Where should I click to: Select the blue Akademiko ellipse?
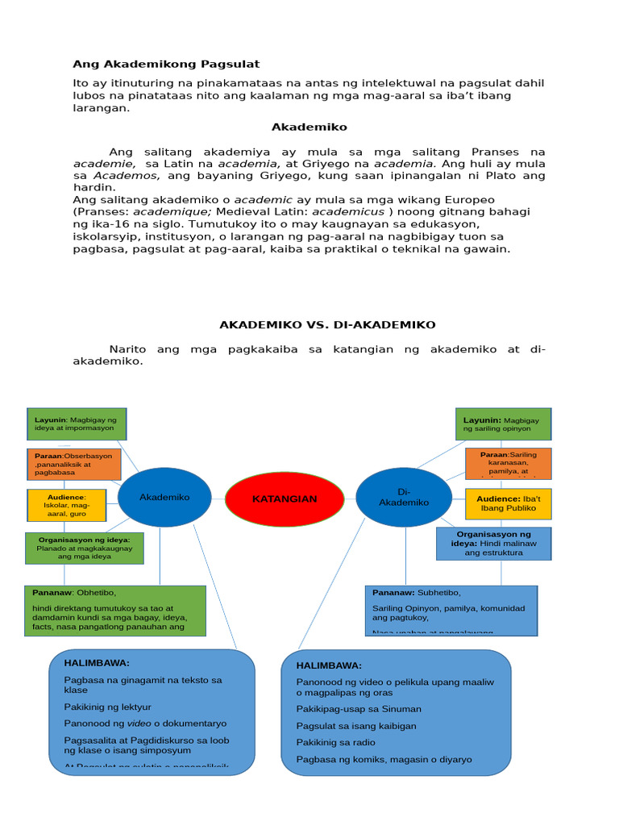tap(164, 498)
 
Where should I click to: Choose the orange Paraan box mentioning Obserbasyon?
tap(73, 465)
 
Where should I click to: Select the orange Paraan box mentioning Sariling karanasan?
tap(508, 464)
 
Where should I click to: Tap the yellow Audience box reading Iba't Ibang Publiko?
tap(508, 503)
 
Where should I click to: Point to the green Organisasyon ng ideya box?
tap(85, 549)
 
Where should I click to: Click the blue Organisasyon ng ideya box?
tap(493, 544)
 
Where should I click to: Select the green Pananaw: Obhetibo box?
tap(114, 611)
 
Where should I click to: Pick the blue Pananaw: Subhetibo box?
tap(451, 611)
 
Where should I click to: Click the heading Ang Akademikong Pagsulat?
tap(166, 64)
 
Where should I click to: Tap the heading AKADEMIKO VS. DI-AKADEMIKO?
tap(327, 324)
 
